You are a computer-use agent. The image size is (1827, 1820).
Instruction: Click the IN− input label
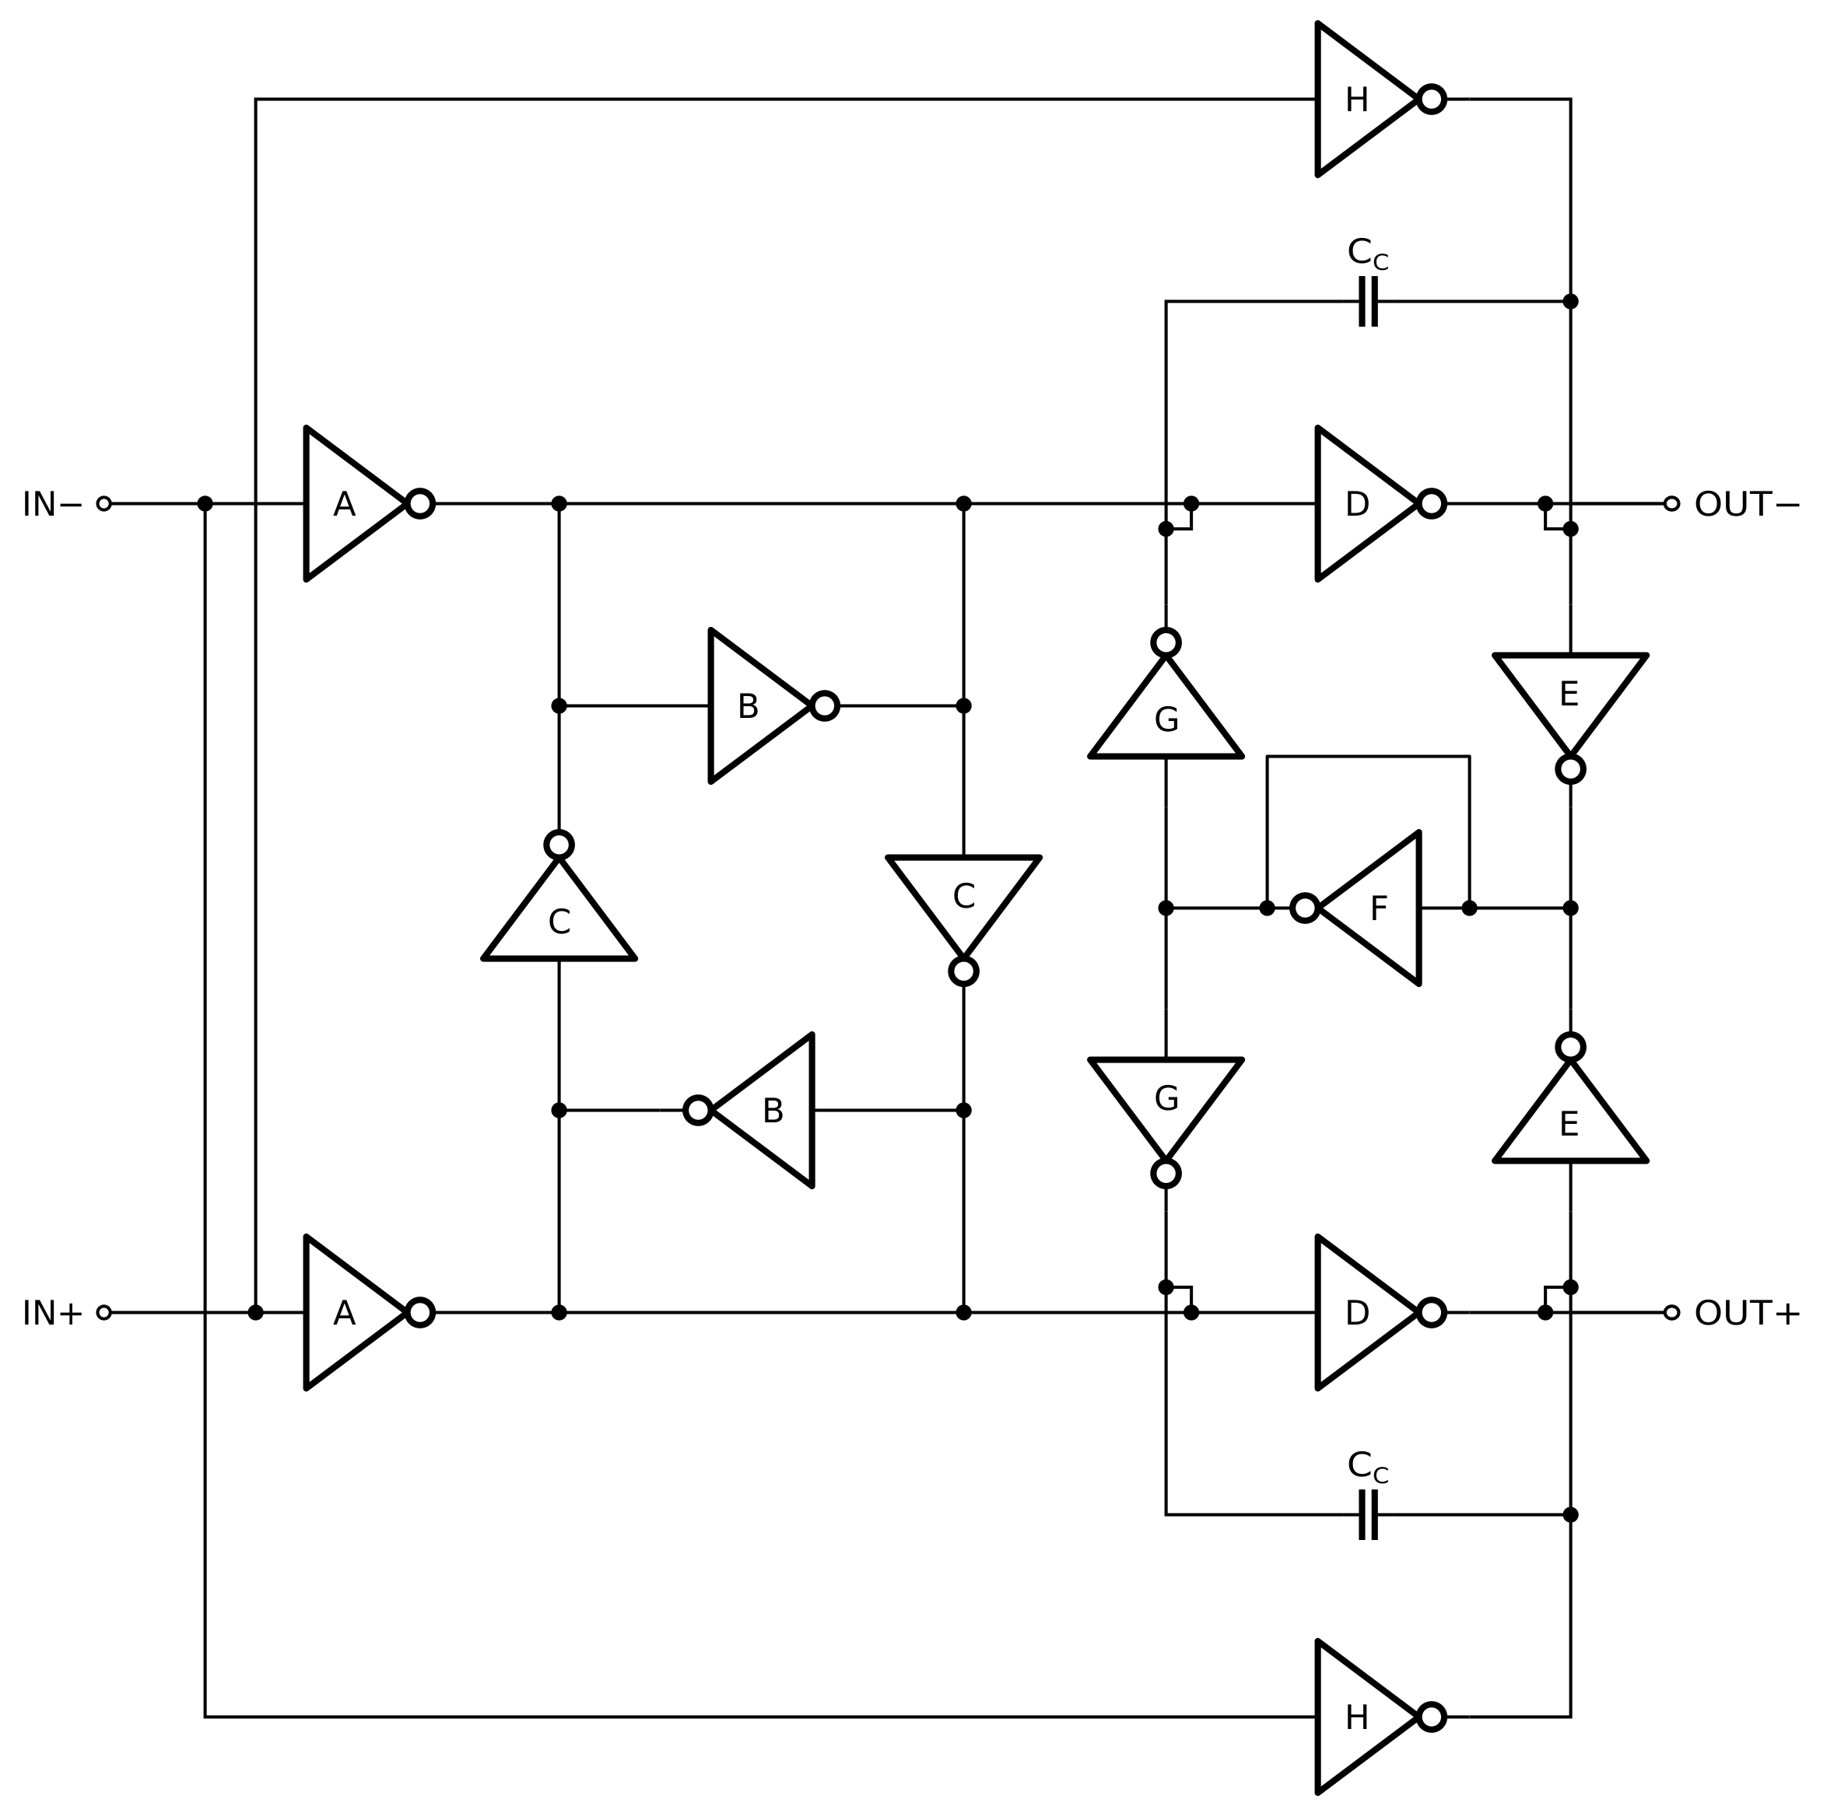point(52,505)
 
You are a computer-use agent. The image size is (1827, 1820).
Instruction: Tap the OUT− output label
point(1745,505)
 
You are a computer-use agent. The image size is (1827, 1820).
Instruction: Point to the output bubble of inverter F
point(1305,908)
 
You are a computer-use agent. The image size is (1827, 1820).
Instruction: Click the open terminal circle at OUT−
point(1672,504)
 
